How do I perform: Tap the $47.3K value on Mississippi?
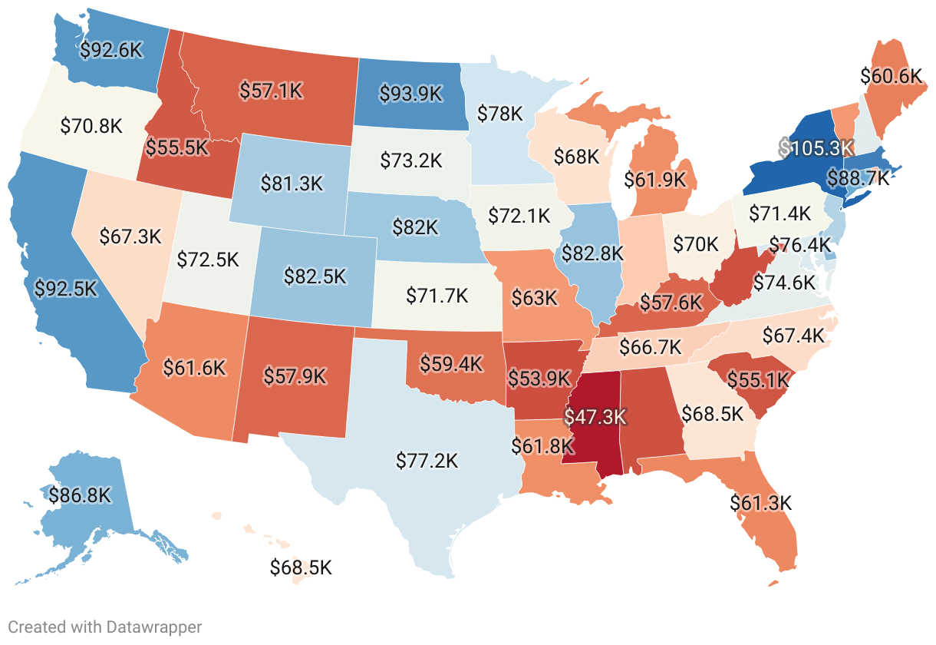[x=595, y=417]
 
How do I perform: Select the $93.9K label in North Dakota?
[x=411, y=93]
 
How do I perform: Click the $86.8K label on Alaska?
[x=80, y=495]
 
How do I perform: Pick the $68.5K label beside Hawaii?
[x=301, y=567]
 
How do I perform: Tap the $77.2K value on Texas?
[x=427, y=461]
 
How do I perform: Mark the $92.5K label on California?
[x=67, y=289]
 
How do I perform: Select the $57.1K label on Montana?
[x=271, y=91]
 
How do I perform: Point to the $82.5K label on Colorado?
[x=315, y=275]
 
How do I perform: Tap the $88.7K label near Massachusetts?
[x=858, y=179]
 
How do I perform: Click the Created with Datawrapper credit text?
[x=104, y=627]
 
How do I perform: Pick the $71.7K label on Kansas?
[x=436, y=294]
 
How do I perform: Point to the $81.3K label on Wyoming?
[x=292, y=184]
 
